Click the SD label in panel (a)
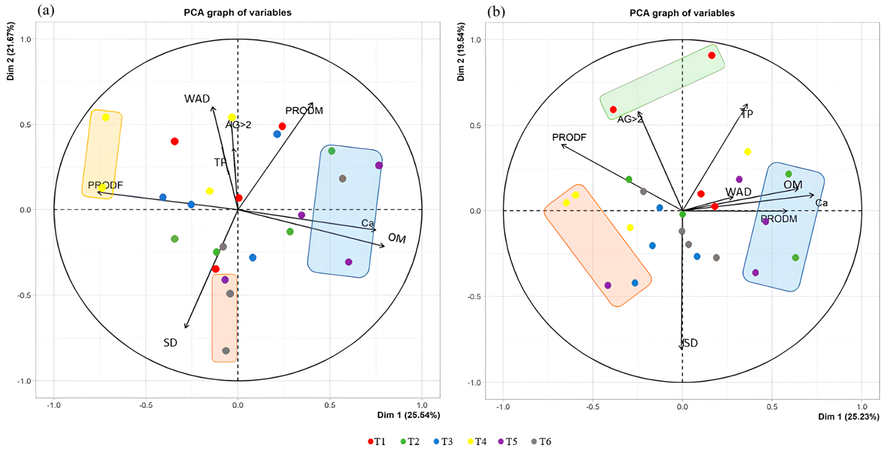coord(170,342)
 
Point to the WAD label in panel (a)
coord(197,99)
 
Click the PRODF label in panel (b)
coord(569,137)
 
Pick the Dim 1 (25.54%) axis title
coord(409,415)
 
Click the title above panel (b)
coord(682,13)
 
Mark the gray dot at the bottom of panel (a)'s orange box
coord(226,351)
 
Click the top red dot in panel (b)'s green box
coord(712,55)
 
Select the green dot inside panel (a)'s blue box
coord(332,151)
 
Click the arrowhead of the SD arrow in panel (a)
coord(185,327)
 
